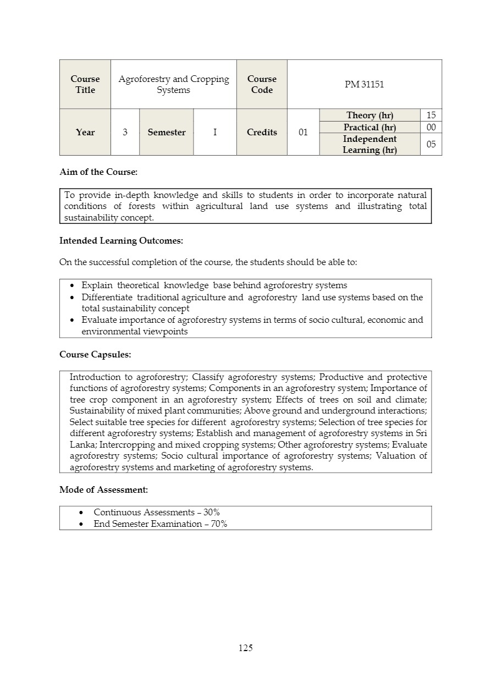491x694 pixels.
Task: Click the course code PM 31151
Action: pos(364,85)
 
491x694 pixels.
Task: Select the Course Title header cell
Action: pos(85,85)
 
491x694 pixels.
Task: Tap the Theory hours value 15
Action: pos(431,115)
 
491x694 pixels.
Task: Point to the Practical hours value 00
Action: pos(431,127)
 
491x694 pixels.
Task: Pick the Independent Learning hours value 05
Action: pos(431,144)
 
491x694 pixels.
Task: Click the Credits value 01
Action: pos(303,133)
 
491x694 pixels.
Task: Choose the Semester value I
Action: pos(215,133)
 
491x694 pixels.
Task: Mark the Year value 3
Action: pos(125,133)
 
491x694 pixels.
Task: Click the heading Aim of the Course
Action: pos(98,172)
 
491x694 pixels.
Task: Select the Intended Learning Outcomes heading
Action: pos(121,241)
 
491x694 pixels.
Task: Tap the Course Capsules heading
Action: pos(95,355)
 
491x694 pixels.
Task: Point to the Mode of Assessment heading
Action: pos(103,489)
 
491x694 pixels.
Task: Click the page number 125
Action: pos(246,648)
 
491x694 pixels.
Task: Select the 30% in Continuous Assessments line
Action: pos(212,513)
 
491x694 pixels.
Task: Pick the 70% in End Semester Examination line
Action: pos(219,524)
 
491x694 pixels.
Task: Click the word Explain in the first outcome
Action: pos(97,285)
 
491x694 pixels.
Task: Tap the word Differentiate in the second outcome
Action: pos(107,298)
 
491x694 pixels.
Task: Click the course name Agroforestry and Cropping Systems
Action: pos(174,85)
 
